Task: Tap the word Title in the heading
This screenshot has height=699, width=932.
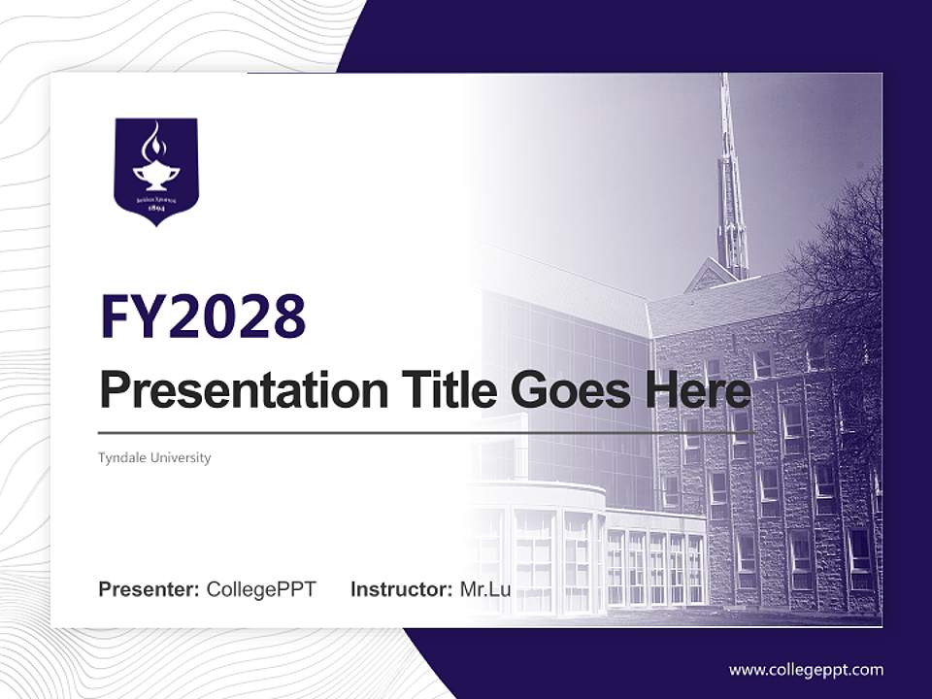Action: [446, 391]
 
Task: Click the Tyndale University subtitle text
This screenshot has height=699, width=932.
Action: [154, 457]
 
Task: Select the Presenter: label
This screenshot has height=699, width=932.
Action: [150, 589]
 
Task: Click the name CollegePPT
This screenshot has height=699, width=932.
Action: [261, 589]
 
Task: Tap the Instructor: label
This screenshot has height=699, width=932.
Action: [401, 589]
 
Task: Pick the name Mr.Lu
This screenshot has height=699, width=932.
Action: [484, 589]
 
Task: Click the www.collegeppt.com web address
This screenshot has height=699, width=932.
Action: [806, 670]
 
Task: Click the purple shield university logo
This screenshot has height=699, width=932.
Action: [155, 171]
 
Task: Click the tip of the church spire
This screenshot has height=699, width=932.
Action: [724, 78]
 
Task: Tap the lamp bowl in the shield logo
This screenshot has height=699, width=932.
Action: [155, 174]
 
